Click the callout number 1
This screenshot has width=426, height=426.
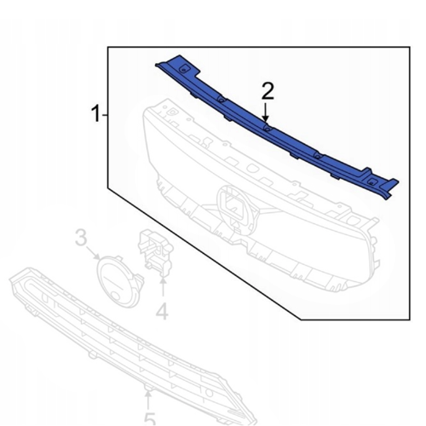click(x=96, y=113)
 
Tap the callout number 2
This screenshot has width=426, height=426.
click(x=268, y=91)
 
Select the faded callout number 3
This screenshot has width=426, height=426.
click(x=81, y=238)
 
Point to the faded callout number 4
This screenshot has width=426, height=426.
click(x=162, y=311)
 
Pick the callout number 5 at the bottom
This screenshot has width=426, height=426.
click(x=150, y=420)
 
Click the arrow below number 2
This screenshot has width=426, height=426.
click(x=266, y=112)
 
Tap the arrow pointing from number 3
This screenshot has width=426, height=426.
click(x=94, y=252)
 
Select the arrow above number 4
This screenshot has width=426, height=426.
click(x=163, y=286)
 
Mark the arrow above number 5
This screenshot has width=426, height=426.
click(x=148, y=400)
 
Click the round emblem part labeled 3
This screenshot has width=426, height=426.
click(x=118, y=282)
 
